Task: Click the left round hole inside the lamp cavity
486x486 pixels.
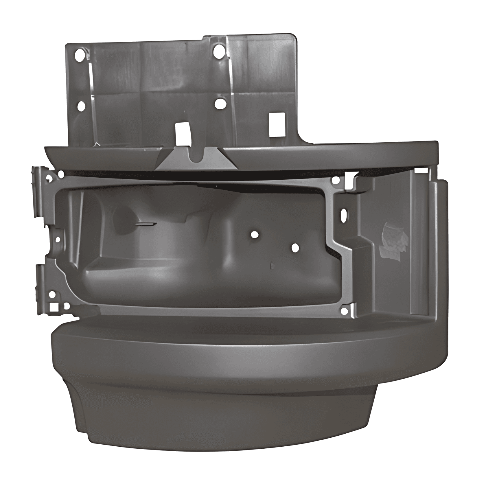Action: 254,234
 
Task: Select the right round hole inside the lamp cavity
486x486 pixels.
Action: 295,248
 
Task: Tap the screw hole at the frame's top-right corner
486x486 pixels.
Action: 336,181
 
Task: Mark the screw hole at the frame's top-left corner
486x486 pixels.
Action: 61,174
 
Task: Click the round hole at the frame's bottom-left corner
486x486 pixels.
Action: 52,295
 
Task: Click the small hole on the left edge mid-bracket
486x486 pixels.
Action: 58,240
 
